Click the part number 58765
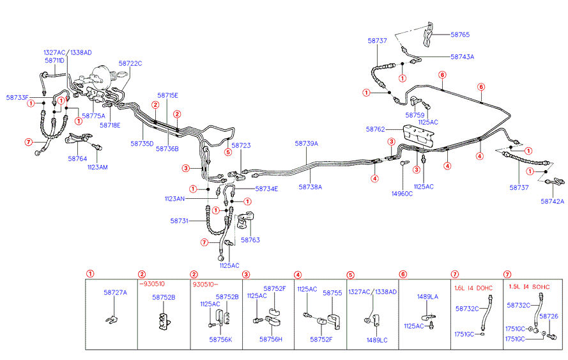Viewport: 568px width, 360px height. pyautogui.click(x=460, y=35)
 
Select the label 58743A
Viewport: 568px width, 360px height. pyautogui.click(x=462, y=56)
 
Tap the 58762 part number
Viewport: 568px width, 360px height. pyautogui.click(x=375, y=129)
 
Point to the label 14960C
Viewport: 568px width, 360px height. pyautogui.click(x=402, y=194)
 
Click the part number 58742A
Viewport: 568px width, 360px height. pyautogui.click(x=553, y=201)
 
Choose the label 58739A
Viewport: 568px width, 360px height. pyautogui.click(x=307, y=144)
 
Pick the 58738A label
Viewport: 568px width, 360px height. pyautogui.click(x=310, y=187)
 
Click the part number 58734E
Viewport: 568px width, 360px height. pyautogui.click(x=266, y=189)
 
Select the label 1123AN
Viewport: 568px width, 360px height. pyautogui.click(x=174, y=199)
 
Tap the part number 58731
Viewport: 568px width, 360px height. pyautogui.click(x=180, y=221)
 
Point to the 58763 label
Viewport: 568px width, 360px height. pyautogui.click(x=250, y=240)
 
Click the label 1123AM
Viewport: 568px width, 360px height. pyautogui.click(x=98, y=167)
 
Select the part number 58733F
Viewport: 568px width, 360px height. pyautogui.click(x=17, y=98)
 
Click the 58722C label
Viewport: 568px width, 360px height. pyautogui.click(x=130, y=63)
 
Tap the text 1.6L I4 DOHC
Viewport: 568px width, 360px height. pyautogui.click(x=473, y=288)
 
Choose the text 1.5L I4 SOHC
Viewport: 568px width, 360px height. pyautogui.click(x=529, y=286)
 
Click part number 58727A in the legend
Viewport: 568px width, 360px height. pyautogui.click(x=115, y=292)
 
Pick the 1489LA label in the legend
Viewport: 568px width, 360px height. pyautogui.click(x=427, y=297)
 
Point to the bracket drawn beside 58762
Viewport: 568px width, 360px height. pyautogui.click(x=418, y=136)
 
